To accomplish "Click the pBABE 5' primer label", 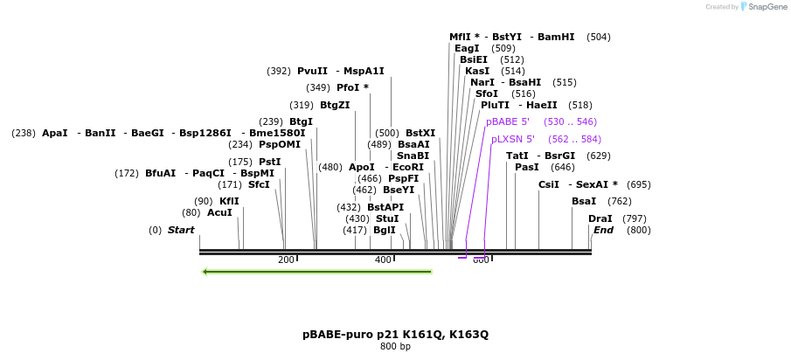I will coord(508,122).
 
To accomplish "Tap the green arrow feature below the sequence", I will coord(316,272).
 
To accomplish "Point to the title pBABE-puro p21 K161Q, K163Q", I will coord(395,335).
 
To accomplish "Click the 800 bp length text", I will coord(395,347).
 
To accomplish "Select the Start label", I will coord(181,231).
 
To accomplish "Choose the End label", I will coord(603,231).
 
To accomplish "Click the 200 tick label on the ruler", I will coord(286,260).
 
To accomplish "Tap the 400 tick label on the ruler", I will coord(383,260).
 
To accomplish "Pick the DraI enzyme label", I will coord(600,219).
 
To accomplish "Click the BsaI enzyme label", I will coord(584,202).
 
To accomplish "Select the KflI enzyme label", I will coord(229,202).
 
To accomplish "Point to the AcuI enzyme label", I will coord(219,213).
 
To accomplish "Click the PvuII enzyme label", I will coord(312,72).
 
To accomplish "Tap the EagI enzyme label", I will coord(467,49).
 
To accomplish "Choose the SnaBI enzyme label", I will coord(413,156).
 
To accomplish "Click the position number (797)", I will coord(635,219).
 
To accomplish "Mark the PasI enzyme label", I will coord(527,168).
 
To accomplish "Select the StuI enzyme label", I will coord(387,219).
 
